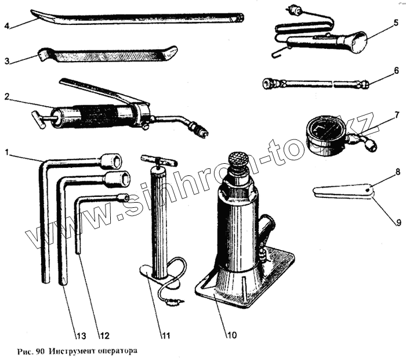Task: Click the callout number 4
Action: click(x=6, y=26)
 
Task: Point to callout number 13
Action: click(x=80, y=335)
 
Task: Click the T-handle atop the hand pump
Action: click(x=157, y=160)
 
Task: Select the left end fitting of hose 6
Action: click(x=268, y=84)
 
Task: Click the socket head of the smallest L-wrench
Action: click(x=122, y=197)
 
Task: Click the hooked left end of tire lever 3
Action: click(x=42, y=55)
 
